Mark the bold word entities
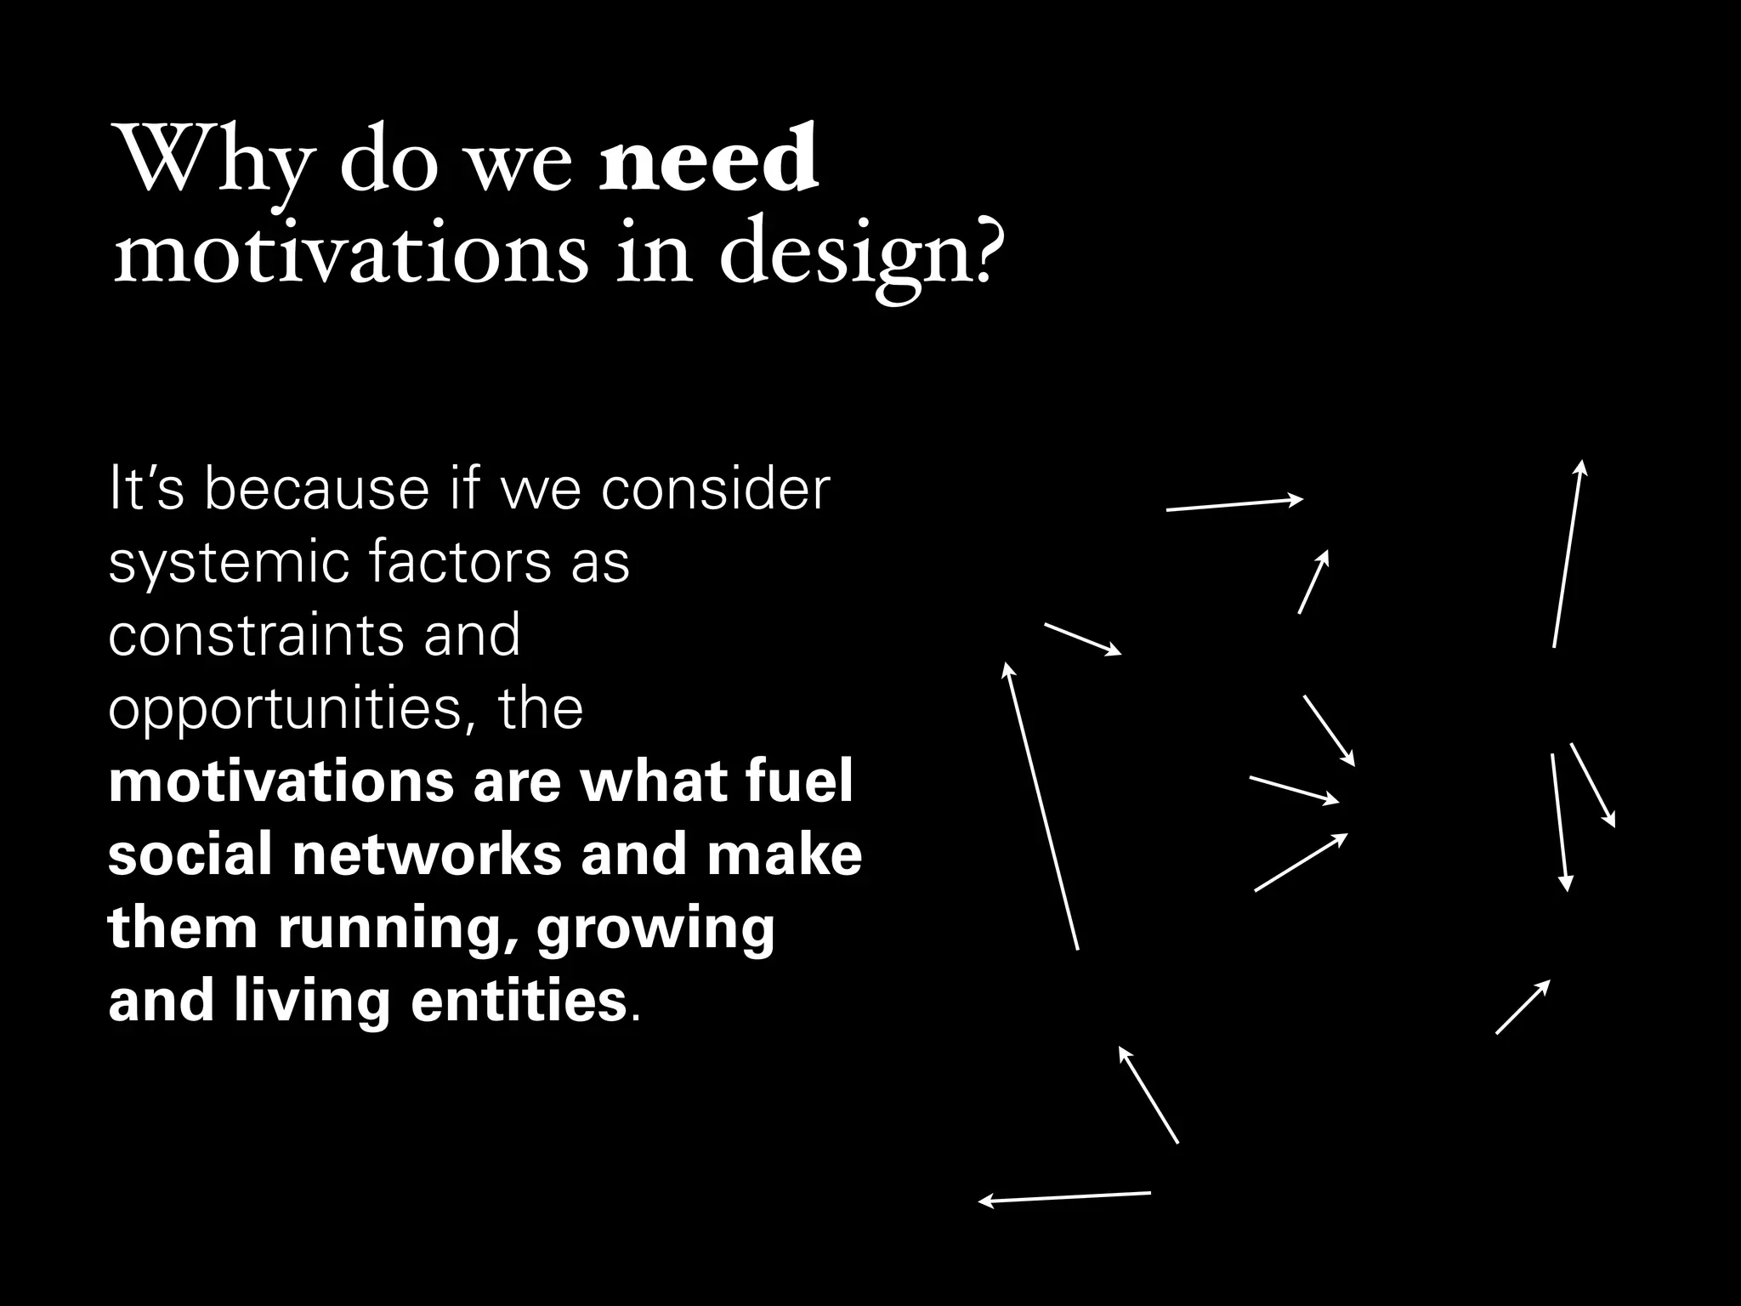[x=519, y=1001]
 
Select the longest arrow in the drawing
[x=1041, y=806]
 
